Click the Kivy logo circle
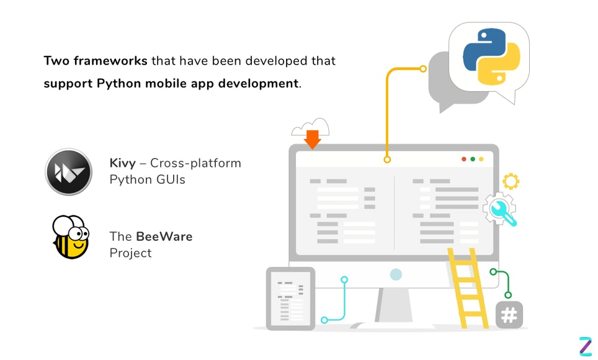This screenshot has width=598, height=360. [x=69, y=172]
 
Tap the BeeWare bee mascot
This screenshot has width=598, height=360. [x=69, y=237]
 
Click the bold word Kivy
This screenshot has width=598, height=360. [x=122, y=163]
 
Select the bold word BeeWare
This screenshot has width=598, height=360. [x=164, y=236]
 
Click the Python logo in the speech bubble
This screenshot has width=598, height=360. [x=488, y=56]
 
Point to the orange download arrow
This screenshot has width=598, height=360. [x=312, y=139]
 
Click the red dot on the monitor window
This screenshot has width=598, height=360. [x=463, y=160]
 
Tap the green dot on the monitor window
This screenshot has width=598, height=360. [x=472, y=160]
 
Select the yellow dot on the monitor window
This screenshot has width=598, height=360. [x=481, y=160]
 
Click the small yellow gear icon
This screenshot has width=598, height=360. [x=511, y=182]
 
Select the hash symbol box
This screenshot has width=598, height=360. [x=509, y=315]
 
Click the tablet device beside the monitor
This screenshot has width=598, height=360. [x=290, y=298]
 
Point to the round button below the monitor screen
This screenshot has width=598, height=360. [x=396, y=274]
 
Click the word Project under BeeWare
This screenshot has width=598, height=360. [x=130, y=253]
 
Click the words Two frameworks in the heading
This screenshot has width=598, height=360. [x=96, y=61]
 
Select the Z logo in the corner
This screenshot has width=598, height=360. [x=585, y=346]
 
